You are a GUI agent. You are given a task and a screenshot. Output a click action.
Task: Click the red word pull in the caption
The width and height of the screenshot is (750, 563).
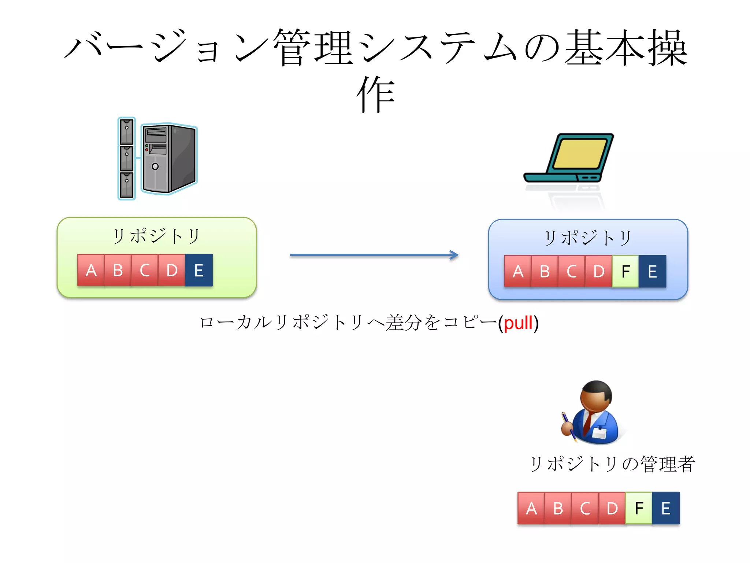[x=518, y=323]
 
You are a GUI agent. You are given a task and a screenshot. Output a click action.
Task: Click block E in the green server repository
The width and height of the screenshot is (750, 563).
[x=198, y=271]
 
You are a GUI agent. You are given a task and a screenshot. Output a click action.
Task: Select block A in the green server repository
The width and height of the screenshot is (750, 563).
[x=91, y=271]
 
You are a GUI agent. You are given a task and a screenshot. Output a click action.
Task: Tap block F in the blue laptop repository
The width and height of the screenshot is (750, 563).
[x=625, y=272]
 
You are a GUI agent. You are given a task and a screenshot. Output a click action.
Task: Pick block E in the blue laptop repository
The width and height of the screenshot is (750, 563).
[x=652, y=272]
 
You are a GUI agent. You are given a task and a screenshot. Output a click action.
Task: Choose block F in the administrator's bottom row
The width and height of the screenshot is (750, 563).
[x=639, y=508]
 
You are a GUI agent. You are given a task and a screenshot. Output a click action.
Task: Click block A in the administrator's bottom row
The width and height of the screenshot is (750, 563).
[x=531, y=508]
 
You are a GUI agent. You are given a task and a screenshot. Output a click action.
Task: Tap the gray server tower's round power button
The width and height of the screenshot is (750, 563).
[x=155, y=166]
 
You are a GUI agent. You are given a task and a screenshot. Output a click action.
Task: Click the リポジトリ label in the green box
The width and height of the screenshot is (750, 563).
[x=156, y=236]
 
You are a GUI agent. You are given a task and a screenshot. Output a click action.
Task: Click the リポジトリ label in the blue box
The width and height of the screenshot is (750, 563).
[x=588, y=238]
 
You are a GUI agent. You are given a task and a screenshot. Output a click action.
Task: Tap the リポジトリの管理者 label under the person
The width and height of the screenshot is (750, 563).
[x=612, y=464]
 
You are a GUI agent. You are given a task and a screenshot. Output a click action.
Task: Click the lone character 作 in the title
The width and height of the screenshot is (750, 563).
[x=376, y=95]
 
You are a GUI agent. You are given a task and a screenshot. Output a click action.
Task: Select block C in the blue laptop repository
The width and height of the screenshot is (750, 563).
[x=571, y=272]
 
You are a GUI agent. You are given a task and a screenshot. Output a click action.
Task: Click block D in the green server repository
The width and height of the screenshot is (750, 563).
[x=172, y=271]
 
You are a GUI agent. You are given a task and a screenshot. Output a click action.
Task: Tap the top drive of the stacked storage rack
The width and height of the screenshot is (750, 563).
[x=127, y=131]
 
